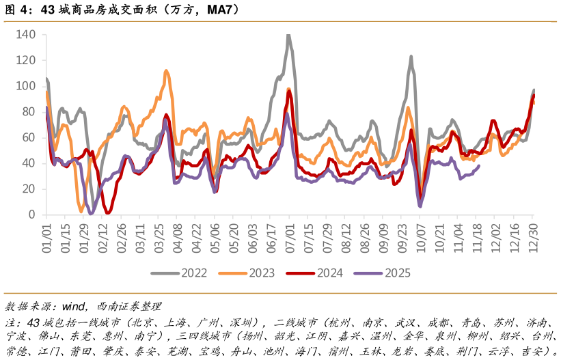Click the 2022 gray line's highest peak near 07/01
tap(288, 34)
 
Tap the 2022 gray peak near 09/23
tap(411, 57)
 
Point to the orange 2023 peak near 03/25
tap(166, 70)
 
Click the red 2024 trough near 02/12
tap(107, 213)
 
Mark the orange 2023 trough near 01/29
tap(81, 210)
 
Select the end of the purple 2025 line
tap(478, 165)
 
